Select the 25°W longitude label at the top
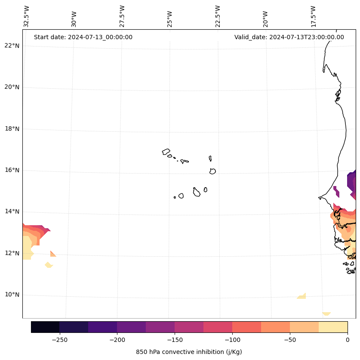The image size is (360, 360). pos(170,17)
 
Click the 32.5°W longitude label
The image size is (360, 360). pos(27,16)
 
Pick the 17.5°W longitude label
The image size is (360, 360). pos(314,16)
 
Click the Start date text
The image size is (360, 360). pos(83,37)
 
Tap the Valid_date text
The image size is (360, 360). pos(289,37)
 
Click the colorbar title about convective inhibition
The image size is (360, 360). pos(189,352)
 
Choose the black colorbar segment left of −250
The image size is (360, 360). pos(45,327)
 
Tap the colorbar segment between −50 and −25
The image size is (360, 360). pos(304,327)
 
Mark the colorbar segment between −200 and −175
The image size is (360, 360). pos(131,327)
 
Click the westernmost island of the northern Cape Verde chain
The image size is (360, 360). pos(166,152)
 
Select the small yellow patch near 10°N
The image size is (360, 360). pos(302,296)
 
